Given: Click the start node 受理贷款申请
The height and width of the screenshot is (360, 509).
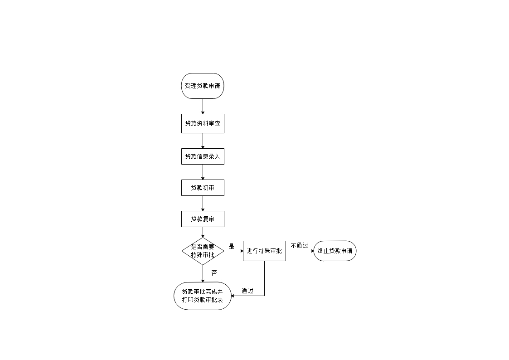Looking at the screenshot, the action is point(203,86).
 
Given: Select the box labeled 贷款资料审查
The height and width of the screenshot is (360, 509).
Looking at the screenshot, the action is point(203,123).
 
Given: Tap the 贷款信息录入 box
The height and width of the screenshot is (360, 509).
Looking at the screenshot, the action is point(203,156).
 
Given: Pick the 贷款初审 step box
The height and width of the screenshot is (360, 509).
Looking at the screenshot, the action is point(203,188).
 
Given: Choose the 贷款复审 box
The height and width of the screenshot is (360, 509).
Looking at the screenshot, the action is point(203,219).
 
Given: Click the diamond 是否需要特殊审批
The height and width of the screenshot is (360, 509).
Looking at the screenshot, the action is point(203,251).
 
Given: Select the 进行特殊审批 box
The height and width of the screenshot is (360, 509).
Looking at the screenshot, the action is point(264,251).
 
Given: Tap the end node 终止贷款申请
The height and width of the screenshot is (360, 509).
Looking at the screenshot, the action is point(334,251).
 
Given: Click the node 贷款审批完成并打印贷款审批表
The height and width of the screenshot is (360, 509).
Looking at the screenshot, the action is point(203,296).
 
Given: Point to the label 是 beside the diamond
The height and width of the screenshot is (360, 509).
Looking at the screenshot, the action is point(232,246).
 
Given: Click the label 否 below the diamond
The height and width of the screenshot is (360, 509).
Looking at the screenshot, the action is point(214,272).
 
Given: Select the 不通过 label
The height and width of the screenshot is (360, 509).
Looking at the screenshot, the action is point(299,245).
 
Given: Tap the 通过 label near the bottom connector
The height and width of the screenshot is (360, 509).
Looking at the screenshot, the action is point(247,291).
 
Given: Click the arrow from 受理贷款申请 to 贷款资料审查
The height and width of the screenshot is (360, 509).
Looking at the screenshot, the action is point(203,107).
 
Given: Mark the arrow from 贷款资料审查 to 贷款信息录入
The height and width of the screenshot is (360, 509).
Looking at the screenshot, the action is point(203,141).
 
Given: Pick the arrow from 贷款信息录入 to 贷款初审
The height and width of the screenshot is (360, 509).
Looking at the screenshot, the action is point(203,172).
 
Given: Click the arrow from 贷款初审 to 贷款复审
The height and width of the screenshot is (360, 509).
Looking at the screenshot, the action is point(203,204).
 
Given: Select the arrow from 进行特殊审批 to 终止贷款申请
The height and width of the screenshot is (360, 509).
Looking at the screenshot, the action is point(300,251).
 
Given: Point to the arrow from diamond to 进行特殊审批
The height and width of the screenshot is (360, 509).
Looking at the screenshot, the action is point(234,251).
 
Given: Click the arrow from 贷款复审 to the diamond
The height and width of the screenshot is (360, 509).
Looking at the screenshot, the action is point(203,233).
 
